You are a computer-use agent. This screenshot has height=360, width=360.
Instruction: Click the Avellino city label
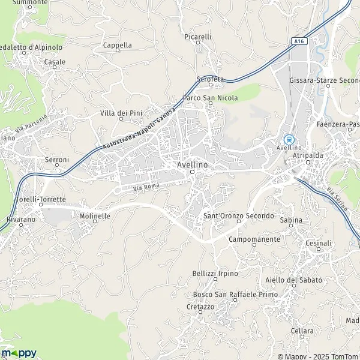point(192,164)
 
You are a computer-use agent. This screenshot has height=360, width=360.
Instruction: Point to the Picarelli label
point(198,37)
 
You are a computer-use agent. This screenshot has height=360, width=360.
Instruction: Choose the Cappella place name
point(117,45)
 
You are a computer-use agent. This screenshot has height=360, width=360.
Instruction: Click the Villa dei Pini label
point(121,113)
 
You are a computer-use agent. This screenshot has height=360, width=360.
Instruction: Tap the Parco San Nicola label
point(210,98)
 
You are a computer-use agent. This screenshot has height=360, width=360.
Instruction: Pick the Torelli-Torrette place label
point(41,199)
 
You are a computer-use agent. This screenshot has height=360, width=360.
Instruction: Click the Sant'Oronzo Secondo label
point(238,215)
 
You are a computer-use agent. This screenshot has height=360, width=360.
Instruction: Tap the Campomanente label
point(254,239)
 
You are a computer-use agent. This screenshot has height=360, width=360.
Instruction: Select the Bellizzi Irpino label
point(215,274)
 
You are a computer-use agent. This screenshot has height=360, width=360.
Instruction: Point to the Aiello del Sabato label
point(293,280)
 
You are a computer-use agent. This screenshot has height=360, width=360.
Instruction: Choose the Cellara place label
point(302,331)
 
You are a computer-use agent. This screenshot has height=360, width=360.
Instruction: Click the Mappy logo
point(19,353)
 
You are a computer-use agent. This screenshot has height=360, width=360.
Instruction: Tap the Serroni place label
point(58,160)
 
